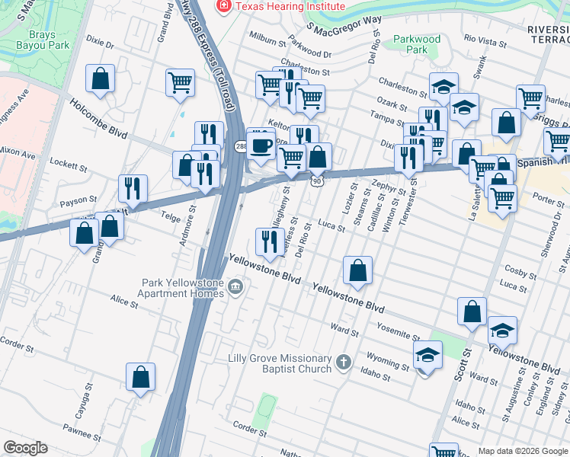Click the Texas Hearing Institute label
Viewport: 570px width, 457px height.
click(x=290, y=6)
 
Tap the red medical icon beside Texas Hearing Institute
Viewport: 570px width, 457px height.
click(x=224, y=6)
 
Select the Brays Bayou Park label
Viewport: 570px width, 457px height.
click(x=43, y=39)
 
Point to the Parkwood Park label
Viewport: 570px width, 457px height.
click(x=417, y=44)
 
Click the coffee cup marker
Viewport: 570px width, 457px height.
click(x=261, y=144)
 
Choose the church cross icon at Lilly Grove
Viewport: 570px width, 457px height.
click(x=344, y=363)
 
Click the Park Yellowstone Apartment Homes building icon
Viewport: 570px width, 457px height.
click(x=235, y=288)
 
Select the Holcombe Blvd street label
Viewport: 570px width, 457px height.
click(x=98, y=120)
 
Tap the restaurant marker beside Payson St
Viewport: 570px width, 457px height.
click(x=133, y=188)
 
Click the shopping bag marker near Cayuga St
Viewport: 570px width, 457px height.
click(x=140, y=376)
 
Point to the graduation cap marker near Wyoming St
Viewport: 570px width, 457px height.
click(x=427, y=355)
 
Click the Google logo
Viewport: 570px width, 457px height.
click(x=26, y=448)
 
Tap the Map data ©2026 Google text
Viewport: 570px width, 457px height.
click(x=522, y=450)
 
